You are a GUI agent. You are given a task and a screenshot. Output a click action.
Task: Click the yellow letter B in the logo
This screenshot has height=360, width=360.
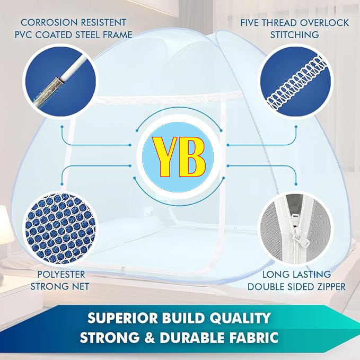click(192, 157)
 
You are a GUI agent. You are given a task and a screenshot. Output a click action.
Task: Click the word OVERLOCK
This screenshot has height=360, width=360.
click(324, 23)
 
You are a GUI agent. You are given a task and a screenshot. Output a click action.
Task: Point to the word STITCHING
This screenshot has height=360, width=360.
click(295, 34)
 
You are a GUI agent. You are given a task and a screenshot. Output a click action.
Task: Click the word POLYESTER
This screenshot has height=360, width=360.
click(61, 274)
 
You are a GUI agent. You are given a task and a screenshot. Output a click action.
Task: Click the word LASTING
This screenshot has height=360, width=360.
click(312, 274)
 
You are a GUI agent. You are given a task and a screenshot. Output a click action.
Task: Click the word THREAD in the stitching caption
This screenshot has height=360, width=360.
click(280, 23)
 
